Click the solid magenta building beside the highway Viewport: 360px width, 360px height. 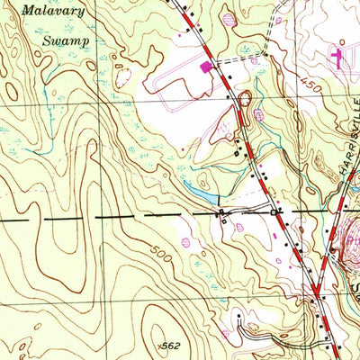point(206,66)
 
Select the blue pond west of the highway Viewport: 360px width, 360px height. point(203,193)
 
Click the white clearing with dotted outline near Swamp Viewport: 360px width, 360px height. point(121,76)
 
